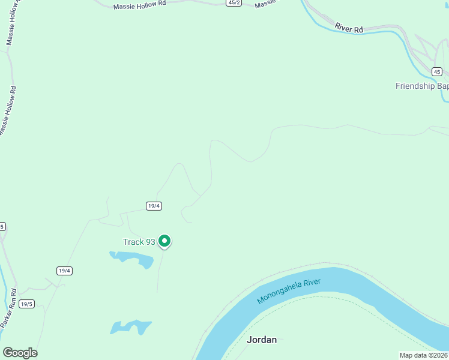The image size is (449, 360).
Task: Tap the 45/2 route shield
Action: (x=234, y=3)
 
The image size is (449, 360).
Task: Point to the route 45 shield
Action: (x=436, y=72)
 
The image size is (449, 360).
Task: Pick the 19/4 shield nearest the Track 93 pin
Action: (x=154, y=206)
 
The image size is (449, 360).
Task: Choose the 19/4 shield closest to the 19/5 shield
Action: (x=64, y=271)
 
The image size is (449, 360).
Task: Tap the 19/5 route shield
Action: (x=26, y=304)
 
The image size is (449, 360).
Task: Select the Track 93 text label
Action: (x=139, y=242)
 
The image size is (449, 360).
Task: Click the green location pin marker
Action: (x=164, y=241)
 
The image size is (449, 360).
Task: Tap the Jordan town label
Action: (x=262, y=340)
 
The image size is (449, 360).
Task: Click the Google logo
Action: (x=20, y=353)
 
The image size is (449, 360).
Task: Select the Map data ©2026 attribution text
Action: (x=423, y=355)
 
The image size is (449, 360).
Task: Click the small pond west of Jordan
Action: (x=130, y=327)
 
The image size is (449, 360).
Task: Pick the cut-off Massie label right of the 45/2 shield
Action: (x=265, y=4)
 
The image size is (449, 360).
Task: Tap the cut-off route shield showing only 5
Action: (x=2, y=226)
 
